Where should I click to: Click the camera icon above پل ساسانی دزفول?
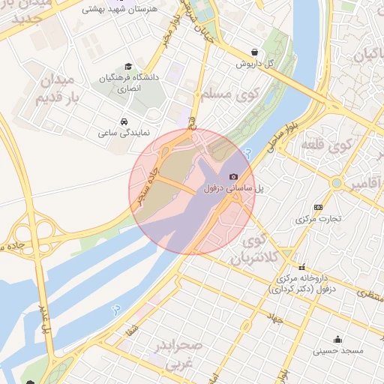coord(233,176)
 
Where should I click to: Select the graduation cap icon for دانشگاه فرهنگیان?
coord(127,66)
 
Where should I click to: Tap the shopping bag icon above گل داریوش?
coord(256,52)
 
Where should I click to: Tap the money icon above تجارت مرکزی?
coord(319,207)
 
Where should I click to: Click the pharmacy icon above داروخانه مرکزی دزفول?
coord(301,267)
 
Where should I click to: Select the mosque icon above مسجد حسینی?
coord(338,338)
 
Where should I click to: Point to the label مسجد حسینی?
coord(338,350)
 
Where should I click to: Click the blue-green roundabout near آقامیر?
coord(337,183)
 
